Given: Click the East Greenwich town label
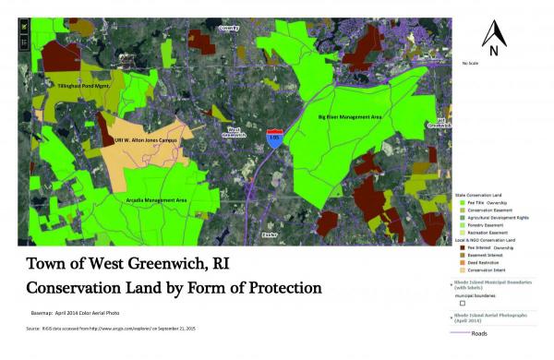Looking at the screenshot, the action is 440,122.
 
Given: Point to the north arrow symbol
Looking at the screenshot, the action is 494,40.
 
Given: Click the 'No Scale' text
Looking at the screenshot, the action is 471,63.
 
